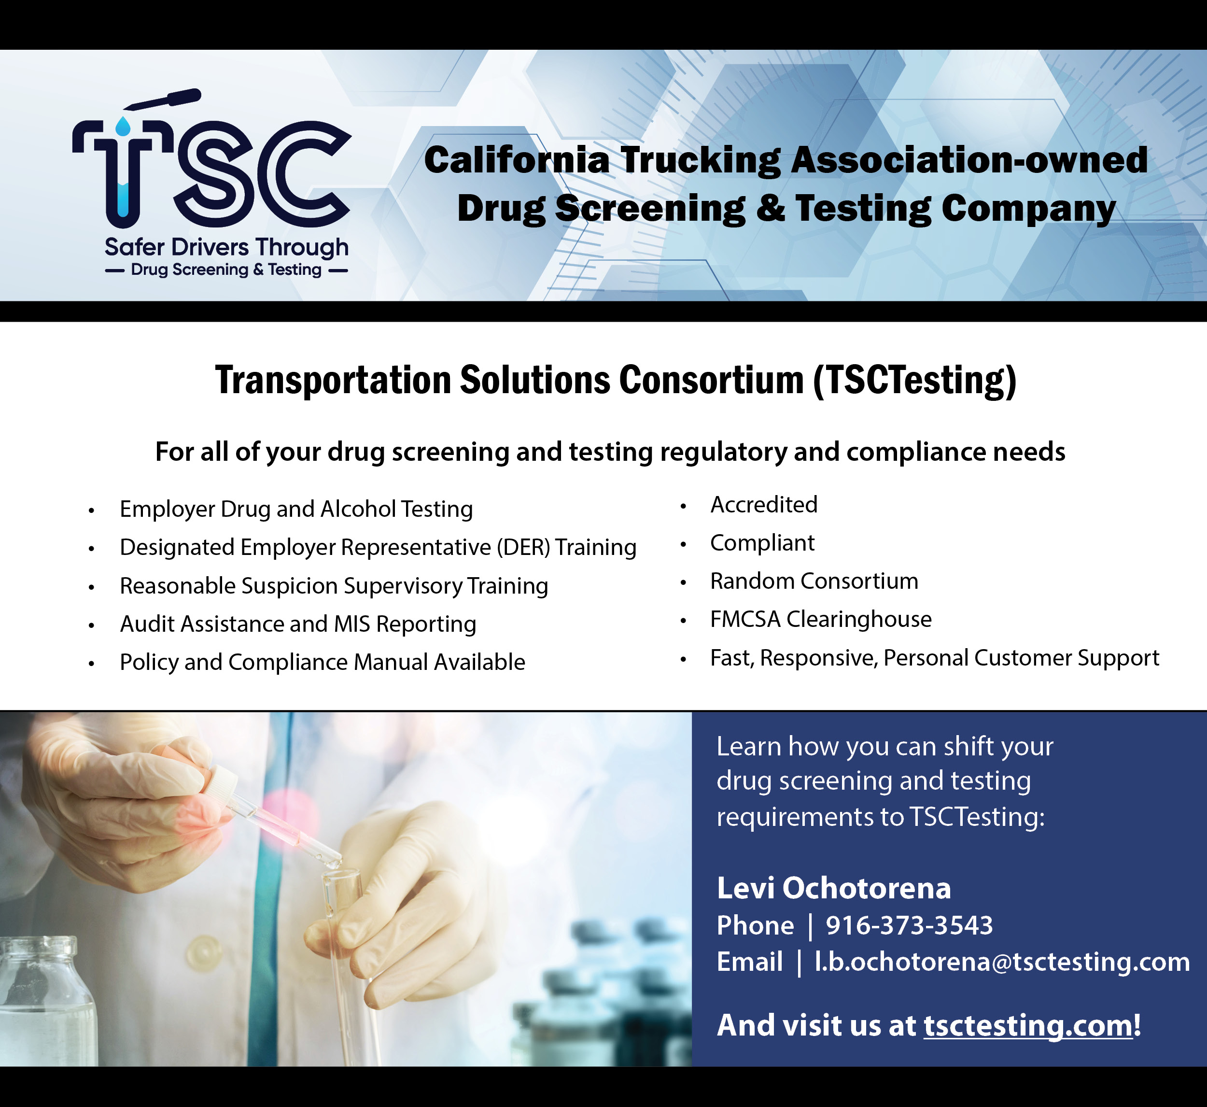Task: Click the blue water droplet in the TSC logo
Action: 123,127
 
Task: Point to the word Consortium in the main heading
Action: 711,380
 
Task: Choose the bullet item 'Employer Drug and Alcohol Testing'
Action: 296,509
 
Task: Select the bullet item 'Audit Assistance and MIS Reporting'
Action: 298,624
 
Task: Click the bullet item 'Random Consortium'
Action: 814,581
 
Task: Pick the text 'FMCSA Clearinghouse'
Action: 821,619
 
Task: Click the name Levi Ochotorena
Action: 834,888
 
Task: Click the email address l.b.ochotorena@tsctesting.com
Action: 1003,962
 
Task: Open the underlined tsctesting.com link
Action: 1028,1025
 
